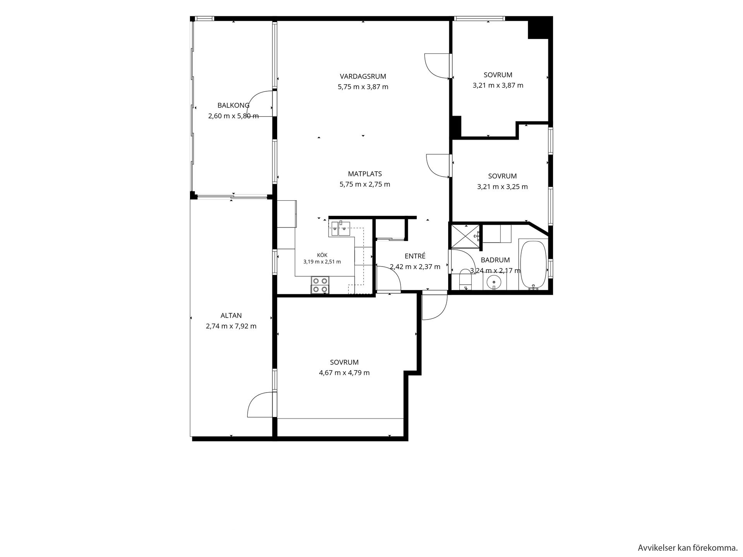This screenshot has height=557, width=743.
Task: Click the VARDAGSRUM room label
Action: click(x=363, y=76)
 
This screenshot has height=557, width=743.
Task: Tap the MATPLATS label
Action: click(x=365, y=174)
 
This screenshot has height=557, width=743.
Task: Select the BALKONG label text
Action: click(x=233, y=105)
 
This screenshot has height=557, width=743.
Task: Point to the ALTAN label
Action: click(x=231, y=316)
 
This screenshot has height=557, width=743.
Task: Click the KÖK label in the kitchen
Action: click(x=322, y=255)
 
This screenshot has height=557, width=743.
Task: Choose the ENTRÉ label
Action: click(x=415, y=256)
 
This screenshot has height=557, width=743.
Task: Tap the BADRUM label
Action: click(x=495, y=260)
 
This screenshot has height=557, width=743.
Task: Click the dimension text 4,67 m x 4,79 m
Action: click(x=344, y=373)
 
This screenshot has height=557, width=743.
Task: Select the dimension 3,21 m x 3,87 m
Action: click(x=498, y=85)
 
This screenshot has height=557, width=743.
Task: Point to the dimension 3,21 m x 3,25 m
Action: click(x=502, y=187)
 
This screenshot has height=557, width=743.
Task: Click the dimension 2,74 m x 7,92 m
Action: click(x=231, y=326)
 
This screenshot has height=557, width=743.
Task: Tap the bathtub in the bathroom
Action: click(x=533, y=265)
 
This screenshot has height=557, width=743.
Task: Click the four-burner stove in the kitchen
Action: click(x=320, y=285)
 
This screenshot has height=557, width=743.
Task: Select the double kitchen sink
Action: click(x=341, y=229)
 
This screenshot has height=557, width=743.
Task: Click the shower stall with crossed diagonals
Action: click(x=465, y=235)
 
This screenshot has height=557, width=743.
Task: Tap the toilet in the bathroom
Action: click(x=465, y=280)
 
